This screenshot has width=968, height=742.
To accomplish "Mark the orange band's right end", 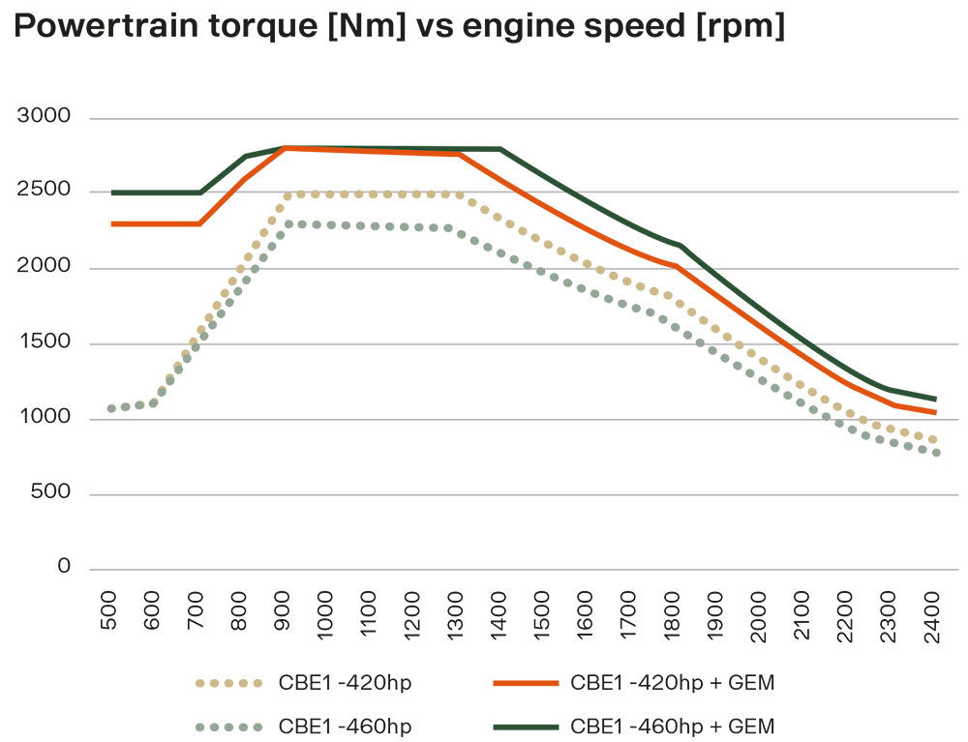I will [x=937, y=409].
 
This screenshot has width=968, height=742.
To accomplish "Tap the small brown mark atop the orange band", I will [x=287, y=141].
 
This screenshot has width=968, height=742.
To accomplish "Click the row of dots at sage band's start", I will [x=131, y=408].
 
